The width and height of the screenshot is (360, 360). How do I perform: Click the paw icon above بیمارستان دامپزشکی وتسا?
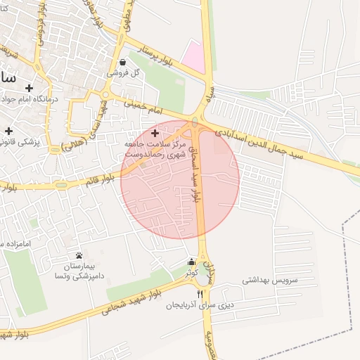tap(78, 255)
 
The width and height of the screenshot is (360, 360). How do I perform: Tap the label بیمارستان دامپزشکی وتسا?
tap(79, 271)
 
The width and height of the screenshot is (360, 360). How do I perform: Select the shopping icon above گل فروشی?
tap(124, 62)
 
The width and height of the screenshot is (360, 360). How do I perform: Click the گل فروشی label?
tap(123, 72)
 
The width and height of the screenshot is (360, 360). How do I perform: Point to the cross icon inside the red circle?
tap(155, 132)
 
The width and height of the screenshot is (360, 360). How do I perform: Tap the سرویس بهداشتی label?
tap(271, 279)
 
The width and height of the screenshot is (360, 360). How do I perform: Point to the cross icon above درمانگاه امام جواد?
tap(29, 88)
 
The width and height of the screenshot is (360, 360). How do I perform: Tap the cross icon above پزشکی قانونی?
tap(9, 131)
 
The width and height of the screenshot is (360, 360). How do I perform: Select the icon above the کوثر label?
tap(191, 263)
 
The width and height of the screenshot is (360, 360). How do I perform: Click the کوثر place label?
tap(191, 271)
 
